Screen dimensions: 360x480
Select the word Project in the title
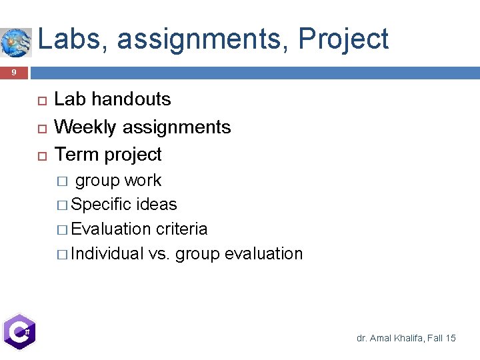343,39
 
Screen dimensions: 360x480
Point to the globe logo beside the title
15,42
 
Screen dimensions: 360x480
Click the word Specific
101,204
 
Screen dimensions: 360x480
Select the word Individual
107,253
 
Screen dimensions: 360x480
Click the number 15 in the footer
450,339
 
